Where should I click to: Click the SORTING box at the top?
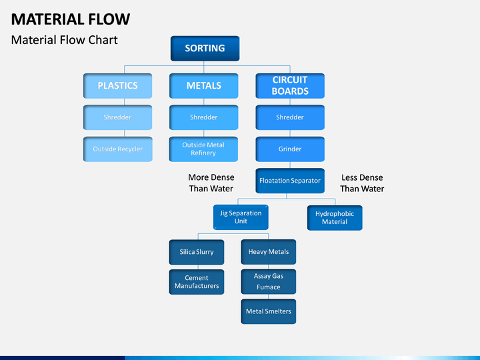click(x=205, y=49)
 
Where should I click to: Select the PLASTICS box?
click(x=117, y=86)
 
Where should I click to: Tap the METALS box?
click(x=203, y=86)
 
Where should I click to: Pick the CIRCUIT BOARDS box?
click(x=290, y=86)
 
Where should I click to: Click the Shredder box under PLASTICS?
click(x=117, y=117)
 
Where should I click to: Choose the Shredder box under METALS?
click(x=203, y=117)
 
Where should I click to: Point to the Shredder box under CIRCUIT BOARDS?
click(x=290, y=117)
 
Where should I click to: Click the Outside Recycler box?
click(x=117, y=149)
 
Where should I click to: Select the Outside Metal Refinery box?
click(x=203, y=149)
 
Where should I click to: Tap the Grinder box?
click(x=290, y=149)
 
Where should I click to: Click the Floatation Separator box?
click(x=290, y=181)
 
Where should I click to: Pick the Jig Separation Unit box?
click(x=241, y=217)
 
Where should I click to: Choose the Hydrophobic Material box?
click(x=335, y=217)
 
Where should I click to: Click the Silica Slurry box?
click(x=197, y=252)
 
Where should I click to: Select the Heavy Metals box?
click(x=269, y=252)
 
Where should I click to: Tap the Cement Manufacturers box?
click(x=197, y=282)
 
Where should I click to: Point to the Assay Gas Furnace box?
click(x=269, y=281)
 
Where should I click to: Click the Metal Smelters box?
click(x=269, y=311)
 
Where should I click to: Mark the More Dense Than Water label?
click(x=211, y=183)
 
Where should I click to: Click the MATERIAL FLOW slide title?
click(x=71, y=19)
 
